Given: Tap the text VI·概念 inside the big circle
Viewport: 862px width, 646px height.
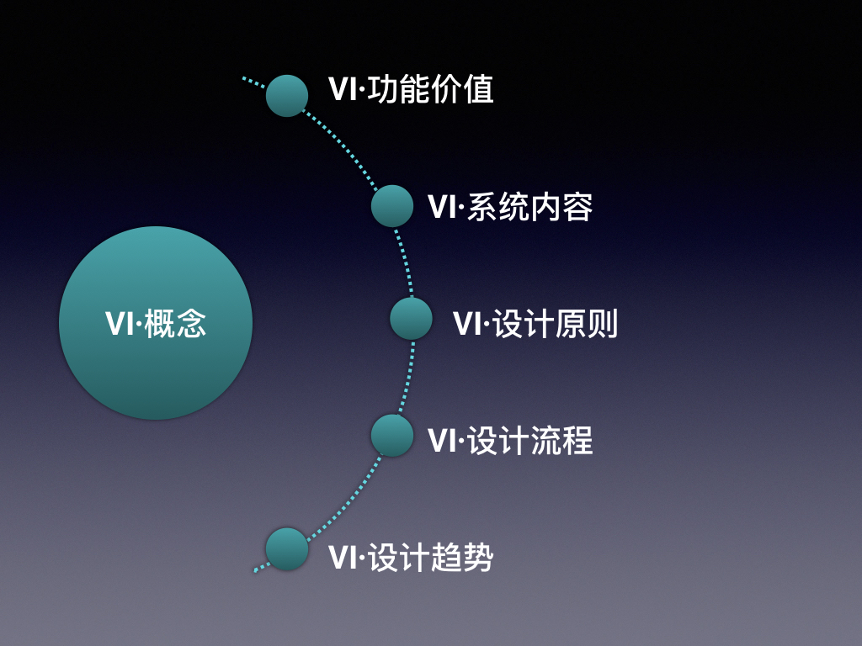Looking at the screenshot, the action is pyautogui.click(x=156, y=324).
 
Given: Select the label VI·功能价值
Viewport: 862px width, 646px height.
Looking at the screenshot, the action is pyautogui.click(x=411, y=90).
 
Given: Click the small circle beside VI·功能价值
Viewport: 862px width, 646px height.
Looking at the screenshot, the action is pyautogui.click(x=287, y=95).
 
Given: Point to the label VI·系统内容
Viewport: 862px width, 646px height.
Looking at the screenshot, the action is pyautogui.click(x=510, y=207).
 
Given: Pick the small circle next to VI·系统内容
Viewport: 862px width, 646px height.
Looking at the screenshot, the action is pyautogui.click(x=392, y=206).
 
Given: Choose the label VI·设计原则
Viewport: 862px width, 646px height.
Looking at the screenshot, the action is pyautogui.click(x=535, y=324).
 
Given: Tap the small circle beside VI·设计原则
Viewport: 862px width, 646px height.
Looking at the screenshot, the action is pyautogui.click(x=411, y=319).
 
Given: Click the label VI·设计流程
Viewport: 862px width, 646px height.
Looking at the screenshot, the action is pyautogui.click(x=510, y=441).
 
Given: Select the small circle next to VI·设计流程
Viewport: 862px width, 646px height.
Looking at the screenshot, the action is pyautogui.click(x=392, y=436).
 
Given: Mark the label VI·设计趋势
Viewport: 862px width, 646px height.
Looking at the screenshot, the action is pyautogui.click(x=411, y=558).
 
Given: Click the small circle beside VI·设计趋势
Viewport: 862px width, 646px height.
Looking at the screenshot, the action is pyautogui.click(x=287, y=549).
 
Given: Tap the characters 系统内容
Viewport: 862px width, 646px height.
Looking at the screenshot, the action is pyautogui.click(x=530, y=207).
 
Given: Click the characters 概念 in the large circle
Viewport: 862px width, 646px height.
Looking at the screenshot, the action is pyautogui.click(x=175, y=324).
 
